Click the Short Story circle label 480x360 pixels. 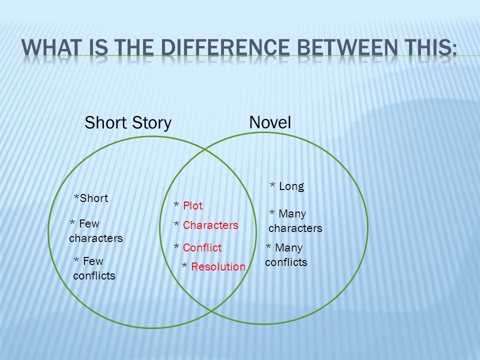click(128, 123)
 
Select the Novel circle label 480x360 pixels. click(270, 123)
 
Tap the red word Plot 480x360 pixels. click(193, 205)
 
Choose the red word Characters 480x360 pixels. click(210, 225)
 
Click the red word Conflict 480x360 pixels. click(202, 247)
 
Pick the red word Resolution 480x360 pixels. click(218, 267)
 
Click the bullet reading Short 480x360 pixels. click(91, 198)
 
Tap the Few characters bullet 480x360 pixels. click(95, 231)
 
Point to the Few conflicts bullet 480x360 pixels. click(94, 268)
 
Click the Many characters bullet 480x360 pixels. click(295, 221)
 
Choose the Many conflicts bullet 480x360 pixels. click(285, 255)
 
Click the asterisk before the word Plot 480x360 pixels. click(176, 205)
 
